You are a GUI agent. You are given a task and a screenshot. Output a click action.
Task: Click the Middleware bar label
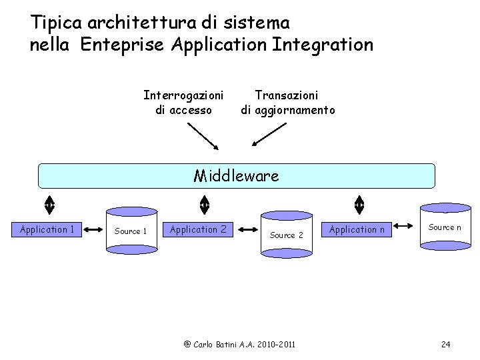click(x=236, y=176)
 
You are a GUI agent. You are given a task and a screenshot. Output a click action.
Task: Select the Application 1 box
click(x=47, y=230)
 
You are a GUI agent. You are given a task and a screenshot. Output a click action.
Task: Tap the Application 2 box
click(x=199, y=230)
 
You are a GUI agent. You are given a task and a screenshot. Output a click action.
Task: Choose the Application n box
click(x=357, y=230)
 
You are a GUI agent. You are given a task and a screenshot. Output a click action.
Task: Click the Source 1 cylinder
click(x=131, y=231)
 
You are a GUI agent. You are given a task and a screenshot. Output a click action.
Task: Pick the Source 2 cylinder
click(x=286, y=235)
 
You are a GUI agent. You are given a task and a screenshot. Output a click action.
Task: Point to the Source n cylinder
click(x=444, y=228)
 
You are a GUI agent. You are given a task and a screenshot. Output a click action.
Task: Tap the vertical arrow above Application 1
click(x=49, y=203)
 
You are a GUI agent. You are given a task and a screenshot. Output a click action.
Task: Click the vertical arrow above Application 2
click(x=205, y=203)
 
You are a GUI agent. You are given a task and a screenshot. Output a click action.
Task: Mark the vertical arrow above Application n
click(x=359, y=203)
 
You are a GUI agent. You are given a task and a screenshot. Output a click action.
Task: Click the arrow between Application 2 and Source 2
click(x=247, y=230)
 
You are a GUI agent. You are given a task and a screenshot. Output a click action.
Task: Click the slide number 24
click(x=446, y=344)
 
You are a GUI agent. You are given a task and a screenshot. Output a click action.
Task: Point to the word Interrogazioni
click(x=183, y=96)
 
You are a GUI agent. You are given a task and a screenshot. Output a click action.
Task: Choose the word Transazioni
click(x=287, y=96)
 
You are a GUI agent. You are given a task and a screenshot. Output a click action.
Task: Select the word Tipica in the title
click(x=56, y=23)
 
